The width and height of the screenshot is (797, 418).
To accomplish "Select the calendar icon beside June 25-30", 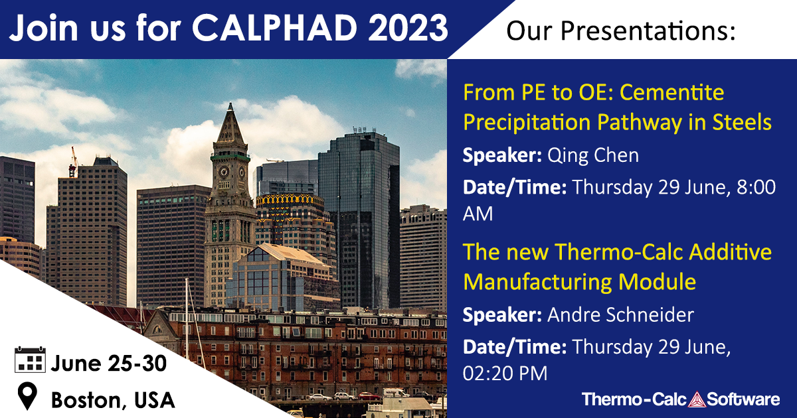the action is pos(30,360).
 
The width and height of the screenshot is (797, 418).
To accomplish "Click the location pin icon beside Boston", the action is pos(27,396).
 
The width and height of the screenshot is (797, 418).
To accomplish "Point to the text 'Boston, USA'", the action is pos(113,400).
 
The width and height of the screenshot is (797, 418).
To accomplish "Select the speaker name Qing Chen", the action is pos(592,156).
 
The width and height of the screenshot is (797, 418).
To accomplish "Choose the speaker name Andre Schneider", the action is pos(620,315).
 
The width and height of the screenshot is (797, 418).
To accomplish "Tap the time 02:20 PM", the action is pos(505,374).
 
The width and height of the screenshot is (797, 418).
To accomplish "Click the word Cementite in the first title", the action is pos(671,92).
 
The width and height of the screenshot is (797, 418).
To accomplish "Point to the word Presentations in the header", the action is pos(648,31).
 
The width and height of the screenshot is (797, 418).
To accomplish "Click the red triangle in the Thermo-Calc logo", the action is pos(697,400).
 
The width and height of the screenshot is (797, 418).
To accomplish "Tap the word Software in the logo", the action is pos(743,399).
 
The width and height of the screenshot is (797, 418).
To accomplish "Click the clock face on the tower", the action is pos(224,172).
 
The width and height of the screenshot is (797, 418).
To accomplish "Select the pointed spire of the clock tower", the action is pos(230,123).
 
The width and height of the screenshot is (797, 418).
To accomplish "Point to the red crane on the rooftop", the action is pos(74,163).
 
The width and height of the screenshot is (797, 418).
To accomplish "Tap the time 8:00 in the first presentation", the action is pos(756,187).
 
